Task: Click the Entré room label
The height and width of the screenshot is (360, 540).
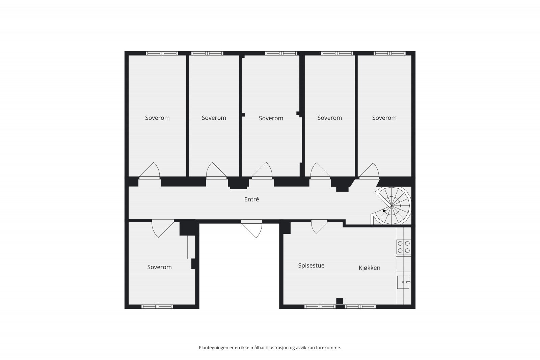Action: [251, 199]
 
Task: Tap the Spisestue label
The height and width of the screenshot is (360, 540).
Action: [311, 266]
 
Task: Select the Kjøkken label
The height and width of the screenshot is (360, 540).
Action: [369, 268]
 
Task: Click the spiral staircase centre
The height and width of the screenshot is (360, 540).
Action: [391, 205]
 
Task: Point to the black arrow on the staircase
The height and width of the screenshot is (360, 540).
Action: [384, 211]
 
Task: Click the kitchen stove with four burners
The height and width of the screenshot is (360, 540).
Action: [404, 247]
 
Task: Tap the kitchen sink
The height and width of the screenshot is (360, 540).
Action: [403, 282]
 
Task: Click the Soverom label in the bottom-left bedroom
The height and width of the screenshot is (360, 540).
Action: [159, 267]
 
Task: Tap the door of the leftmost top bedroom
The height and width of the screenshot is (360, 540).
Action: [150, 171]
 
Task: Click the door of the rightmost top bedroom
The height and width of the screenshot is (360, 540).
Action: [369, 171]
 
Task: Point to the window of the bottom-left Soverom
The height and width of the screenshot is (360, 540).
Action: [157, 307]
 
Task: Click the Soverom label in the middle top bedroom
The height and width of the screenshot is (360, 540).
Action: [271, 118]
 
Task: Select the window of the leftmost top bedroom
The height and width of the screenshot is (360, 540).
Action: [162, 53]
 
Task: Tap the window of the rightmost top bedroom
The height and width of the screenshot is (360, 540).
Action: [389, 53]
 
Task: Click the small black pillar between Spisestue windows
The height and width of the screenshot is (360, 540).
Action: [340, 301]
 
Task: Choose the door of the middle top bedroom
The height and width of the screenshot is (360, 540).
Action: [262, 171]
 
